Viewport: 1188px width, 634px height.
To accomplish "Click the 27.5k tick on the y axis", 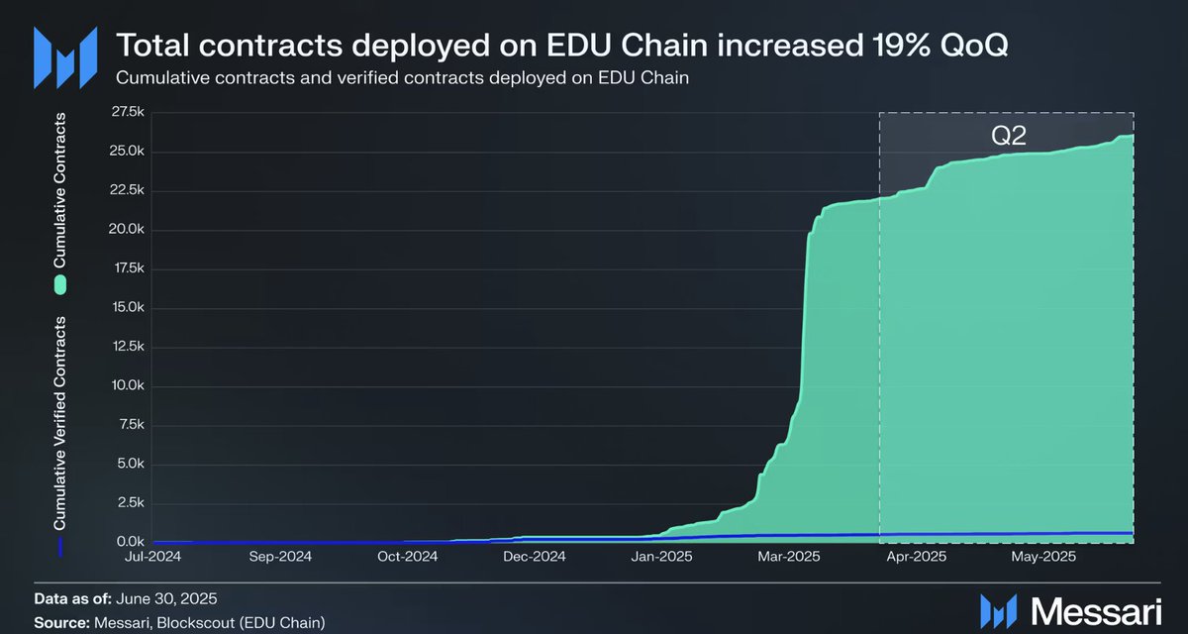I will click(130, 113).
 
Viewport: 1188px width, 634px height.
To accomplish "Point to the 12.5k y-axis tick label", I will click(130, 347).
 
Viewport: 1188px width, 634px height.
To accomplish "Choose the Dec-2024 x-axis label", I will click(536, 557).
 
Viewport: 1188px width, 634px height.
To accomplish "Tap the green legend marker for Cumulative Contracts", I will click(60, 285).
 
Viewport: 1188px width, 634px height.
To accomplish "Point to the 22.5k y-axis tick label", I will click(130, 191).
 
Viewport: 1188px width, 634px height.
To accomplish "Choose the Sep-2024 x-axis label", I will click(281, 557).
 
